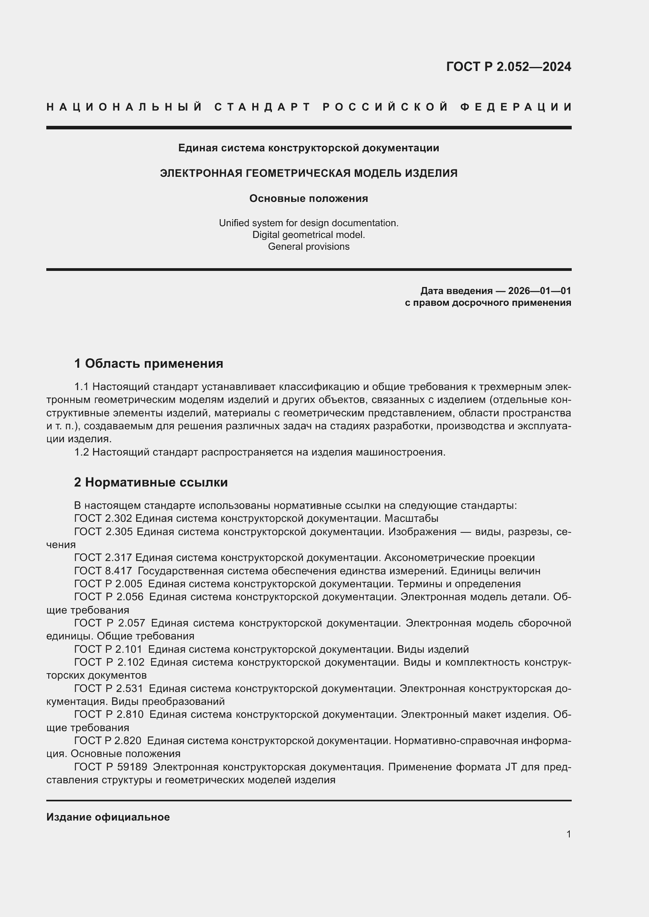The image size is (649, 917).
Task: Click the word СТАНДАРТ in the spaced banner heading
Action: coord(263,107)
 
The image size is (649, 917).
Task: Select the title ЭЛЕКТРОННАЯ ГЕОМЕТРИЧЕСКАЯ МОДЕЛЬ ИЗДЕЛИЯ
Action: coord(308,173)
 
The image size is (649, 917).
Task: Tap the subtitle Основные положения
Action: coord(308,198)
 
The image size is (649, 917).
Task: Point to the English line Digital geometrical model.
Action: coord(308,235)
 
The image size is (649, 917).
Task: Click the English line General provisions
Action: coord(308,247)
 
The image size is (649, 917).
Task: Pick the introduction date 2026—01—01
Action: coord(540,291)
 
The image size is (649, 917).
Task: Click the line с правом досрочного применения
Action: coord(488,303)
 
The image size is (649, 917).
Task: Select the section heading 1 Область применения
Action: coord(149,363)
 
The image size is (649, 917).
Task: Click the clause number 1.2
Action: coord(82,452)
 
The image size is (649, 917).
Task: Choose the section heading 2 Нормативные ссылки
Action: coord(151,483)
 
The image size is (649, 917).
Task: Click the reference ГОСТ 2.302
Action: coord(103,518)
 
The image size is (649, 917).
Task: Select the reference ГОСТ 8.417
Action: coord(103,571)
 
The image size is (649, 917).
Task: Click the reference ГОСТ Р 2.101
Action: coord(108,649)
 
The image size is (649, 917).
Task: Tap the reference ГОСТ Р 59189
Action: coord(110,767)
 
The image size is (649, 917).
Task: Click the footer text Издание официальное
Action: coord(108,817)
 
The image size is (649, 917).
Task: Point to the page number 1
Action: coord(568,834)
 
